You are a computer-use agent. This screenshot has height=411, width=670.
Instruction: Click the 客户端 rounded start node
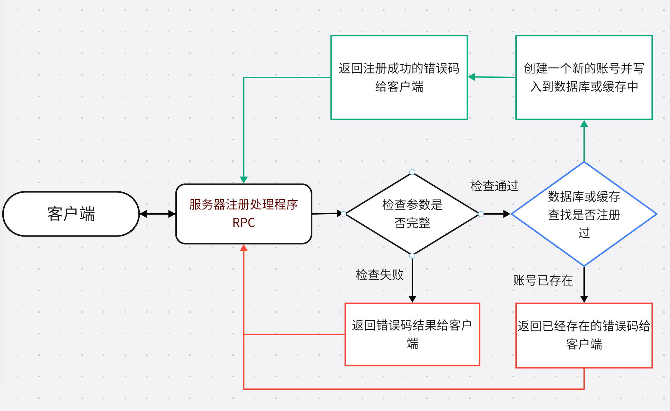(x=71, y=214)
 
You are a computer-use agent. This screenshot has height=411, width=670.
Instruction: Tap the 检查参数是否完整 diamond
(x=412, y=214)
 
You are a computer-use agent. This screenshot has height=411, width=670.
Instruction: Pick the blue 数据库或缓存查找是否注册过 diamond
(x=584, y=214)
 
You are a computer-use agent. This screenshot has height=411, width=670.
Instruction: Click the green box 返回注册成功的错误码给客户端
(x=399, y=77)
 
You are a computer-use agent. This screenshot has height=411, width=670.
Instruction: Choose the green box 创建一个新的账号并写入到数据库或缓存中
(x=584, y=77)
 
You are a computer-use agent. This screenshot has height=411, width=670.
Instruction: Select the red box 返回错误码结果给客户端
(x=412, y=334)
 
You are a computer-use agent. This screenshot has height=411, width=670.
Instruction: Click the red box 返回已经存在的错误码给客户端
(x=584, y=335)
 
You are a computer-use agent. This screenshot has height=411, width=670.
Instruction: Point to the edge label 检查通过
(x=494, y=186)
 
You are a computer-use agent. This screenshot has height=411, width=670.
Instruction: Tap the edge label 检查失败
(x=379, y=275)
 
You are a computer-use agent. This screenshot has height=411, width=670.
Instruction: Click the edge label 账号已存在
(x=543, y=280)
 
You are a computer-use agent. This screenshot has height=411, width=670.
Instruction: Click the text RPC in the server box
(x=244, y=223)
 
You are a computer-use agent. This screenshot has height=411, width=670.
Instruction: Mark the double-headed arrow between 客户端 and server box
(x=158, y=214)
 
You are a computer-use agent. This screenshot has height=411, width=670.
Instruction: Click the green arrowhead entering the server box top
(x=244, y=180)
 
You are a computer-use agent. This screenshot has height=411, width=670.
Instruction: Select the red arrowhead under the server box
(x=244, y=248)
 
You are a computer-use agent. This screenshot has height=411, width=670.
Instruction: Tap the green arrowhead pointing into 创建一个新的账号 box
(x=584, y=124)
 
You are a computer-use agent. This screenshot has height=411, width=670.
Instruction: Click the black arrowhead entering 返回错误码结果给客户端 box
(x=412, y=299)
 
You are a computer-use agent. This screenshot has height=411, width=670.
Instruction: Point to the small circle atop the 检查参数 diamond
(x=412, y=172)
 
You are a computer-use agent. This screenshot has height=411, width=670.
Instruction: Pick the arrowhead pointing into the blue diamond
(x=507, y=214)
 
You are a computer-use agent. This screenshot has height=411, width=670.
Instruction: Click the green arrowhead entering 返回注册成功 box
(x=472, y=77)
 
